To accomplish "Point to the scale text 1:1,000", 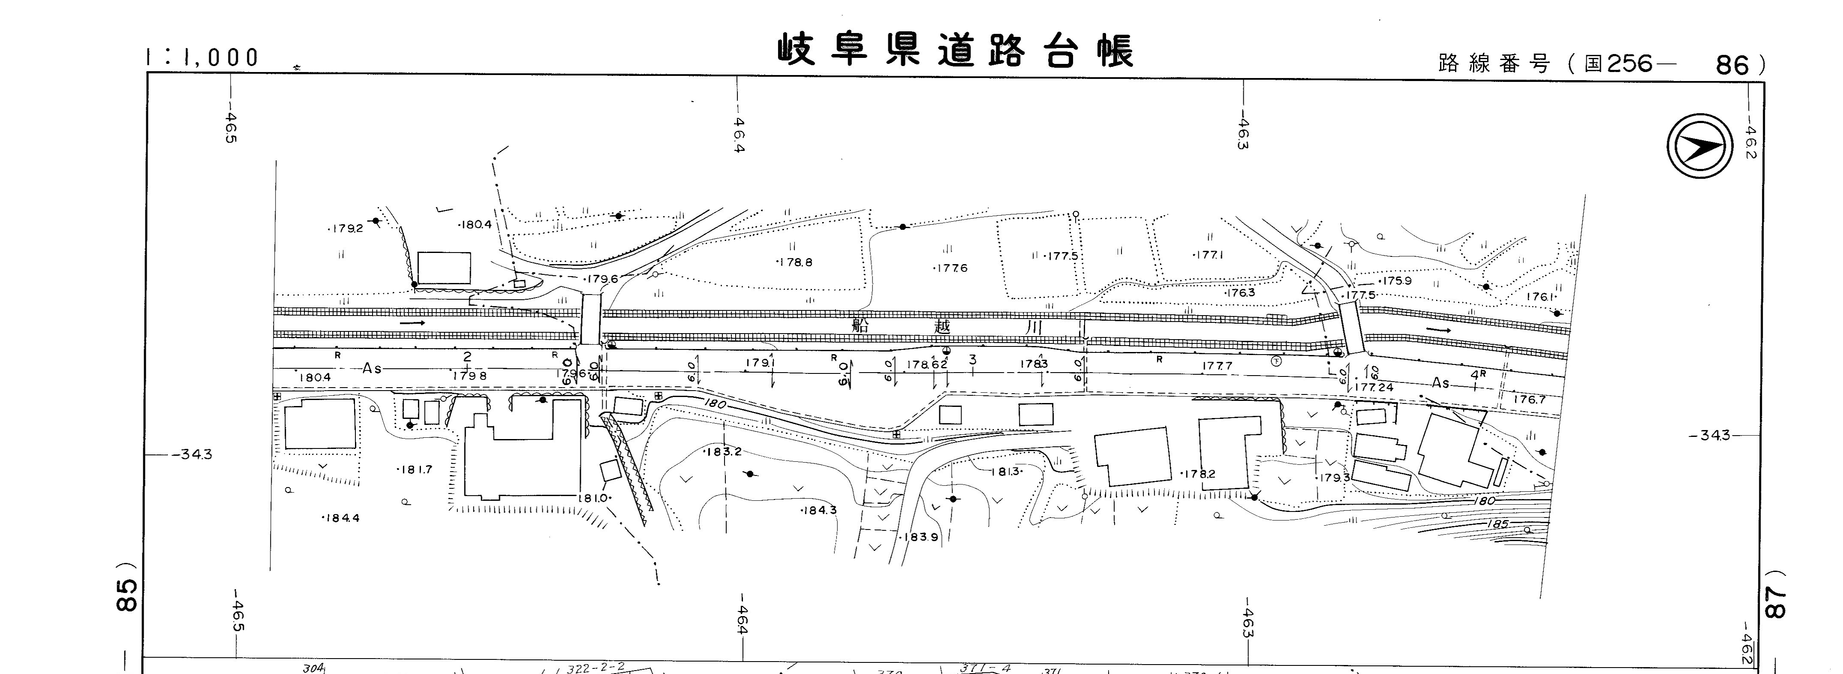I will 202,58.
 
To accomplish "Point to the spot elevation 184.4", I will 342,518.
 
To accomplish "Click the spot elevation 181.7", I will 415,469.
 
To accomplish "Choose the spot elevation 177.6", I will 952,268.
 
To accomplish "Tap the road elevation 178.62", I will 927,364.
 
